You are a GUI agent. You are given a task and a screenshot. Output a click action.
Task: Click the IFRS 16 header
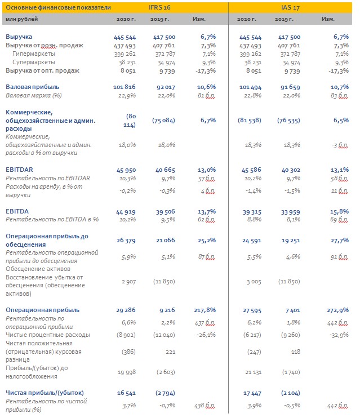159,7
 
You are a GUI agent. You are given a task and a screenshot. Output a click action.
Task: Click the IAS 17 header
290,7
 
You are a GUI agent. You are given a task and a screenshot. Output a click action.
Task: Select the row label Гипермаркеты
34,54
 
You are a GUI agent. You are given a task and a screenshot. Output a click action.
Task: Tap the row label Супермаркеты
34,63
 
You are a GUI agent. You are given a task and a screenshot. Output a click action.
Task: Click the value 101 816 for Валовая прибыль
125,87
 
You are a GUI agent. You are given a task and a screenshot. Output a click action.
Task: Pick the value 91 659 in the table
290,87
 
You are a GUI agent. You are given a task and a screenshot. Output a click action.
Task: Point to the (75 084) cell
163,121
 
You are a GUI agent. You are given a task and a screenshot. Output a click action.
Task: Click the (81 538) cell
250,121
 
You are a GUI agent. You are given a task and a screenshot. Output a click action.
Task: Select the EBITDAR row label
19,170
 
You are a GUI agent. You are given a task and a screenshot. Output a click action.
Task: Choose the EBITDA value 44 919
126,212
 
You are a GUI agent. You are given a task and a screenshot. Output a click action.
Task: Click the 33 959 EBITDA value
290,212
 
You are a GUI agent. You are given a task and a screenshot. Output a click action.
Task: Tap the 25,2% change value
207,241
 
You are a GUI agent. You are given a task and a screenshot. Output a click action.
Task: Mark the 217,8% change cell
205,310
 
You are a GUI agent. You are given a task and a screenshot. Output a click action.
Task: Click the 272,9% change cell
337,310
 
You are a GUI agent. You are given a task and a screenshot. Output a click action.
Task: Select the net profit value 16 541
126,393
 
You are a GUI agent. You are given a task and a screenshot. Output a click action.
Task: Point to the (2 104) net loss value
290,393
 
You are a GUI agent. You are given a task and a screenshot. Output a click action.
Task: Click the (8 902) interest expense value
126,335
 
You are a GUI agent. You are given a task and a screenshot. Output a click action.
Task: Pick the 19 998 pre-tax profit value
127,372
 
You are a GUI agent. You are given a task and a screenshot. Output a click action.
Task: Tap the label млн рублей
22,19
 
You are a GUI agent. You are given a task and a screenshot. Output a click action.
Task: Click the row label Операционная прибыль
43,310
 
